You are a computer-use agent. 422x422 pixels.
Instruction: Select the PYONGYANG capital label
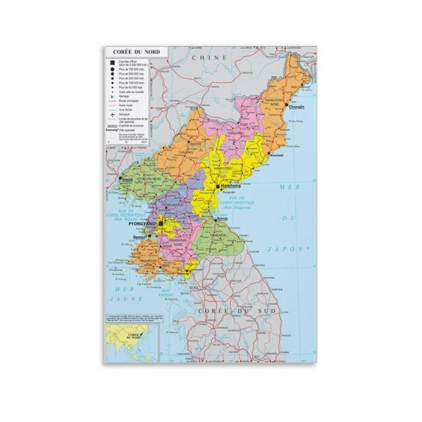coord(143,225)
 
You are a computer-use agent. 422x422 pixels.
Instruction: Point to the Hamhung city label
coord(229,188)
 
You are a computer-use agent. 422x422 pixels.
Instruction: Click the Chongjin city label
coord(296,108)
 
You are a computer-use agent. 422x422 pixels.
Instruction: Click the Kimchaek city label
coord(276,156)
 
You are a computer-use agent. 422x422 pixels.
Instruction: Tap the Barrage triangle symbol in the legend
coord(109,96)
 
